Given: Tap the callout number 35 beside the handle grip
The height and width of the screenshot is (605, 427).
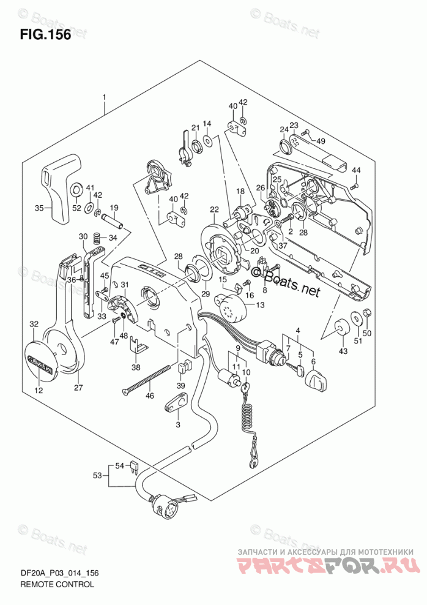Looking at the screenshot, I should pyautogui.click(x=39, y=208).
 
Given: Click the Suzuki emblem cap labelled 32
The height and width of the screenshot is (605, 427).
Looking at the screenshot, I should pyautogui.click(x=38, y=358).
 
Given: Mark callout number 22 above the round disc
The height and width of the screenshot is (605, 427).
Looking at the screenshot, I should pyautogui.click(x=213, y=210).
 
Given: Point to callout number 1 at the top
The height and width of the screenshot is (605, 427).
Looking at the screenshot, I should pyautogui.click(x=105, y=97).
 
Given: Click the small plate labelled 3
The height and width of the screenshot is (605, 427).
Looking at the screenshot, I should pyautogui.click(x=177, y=405).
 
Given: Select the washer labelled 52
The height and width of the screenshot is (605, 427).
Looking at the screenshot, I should pyautogui.click(x=77, y=190).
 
